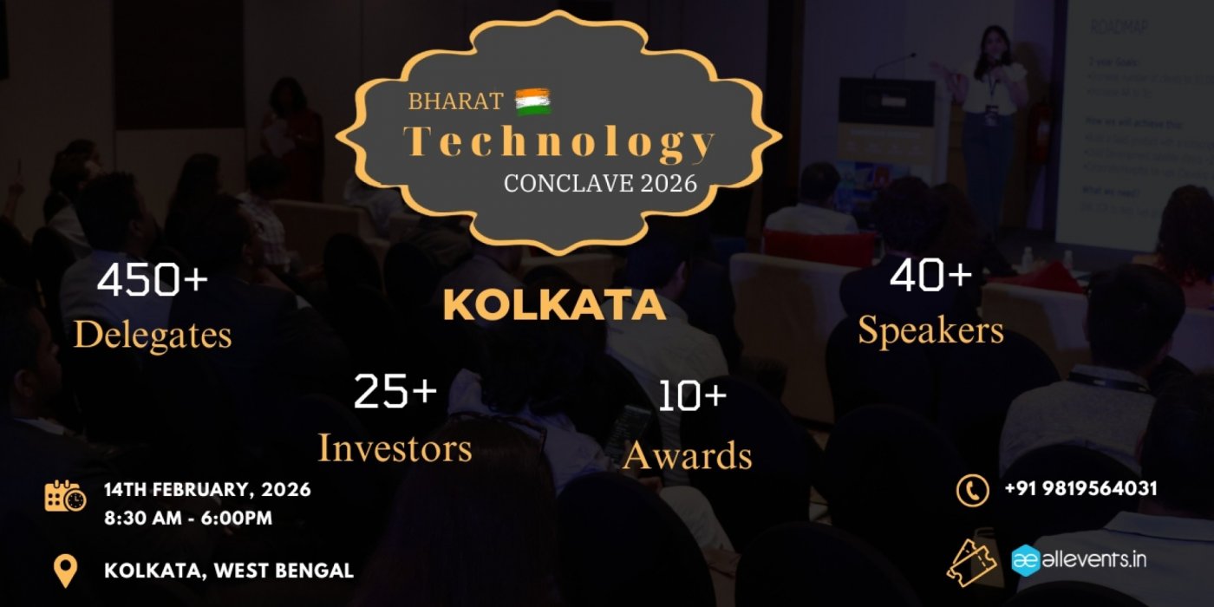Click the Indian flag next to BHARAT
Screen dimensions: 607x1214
click(x=533, y=102)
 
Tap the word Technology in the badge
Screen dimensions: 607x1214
click(x=560, y=142)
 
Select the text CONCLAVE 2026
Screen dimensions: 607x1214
click(x=600, y=184)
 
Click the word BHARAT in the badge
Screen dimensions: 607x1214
click(x=456, y=102)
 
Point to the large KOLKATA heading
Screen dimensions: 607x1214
click(x=554, y=305)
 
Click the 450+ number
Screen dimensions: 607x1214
click(x=153, y=280)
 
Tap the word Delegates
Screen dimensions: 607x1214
click(x=153, y=335)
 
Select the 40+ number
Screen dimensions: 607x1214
click(x=931, y=276)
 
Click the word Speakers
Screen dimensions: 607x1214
click(x=931, y=331)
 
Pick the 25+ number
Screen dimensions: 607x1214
click(x=395, y=392)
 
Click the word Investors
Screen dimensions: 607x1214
click(x=395, y=448)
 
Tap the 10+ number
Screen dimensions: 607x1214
click(x=691, y=396)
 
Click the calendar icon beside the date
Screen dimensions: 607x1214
click(x=66, y=496)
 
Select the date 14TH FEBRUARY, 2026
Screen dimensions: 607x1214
click(x=207, y=490)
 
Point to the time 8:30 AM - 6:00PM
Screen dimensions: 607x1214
click(x=188, y=519)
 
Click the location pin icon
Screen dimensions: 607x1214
click(x=66, y=571)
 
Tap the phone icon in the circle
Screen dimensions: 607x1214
click(x=972, y=489)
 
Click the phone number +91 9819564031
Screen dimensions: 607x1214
click(x=1080, y=489)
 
